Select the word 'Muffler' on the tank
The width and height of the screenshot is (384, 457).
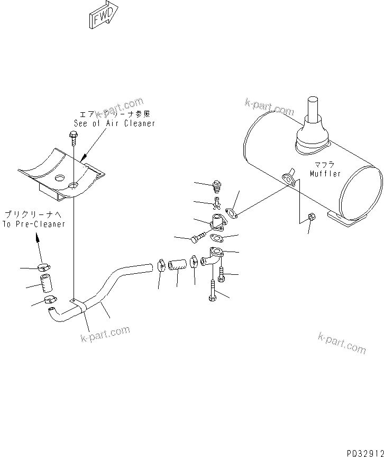pos(325,174)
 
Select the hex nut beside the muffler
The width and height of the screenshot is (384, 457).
pos(312,216)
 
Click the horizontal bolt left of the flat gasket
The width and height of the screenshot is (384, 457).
pos(196,239)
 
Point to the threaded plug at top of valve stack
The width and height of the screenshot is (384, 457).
pos(216,186)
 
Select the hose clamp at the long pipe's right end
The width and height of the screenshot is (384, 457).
pos(161,262)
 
